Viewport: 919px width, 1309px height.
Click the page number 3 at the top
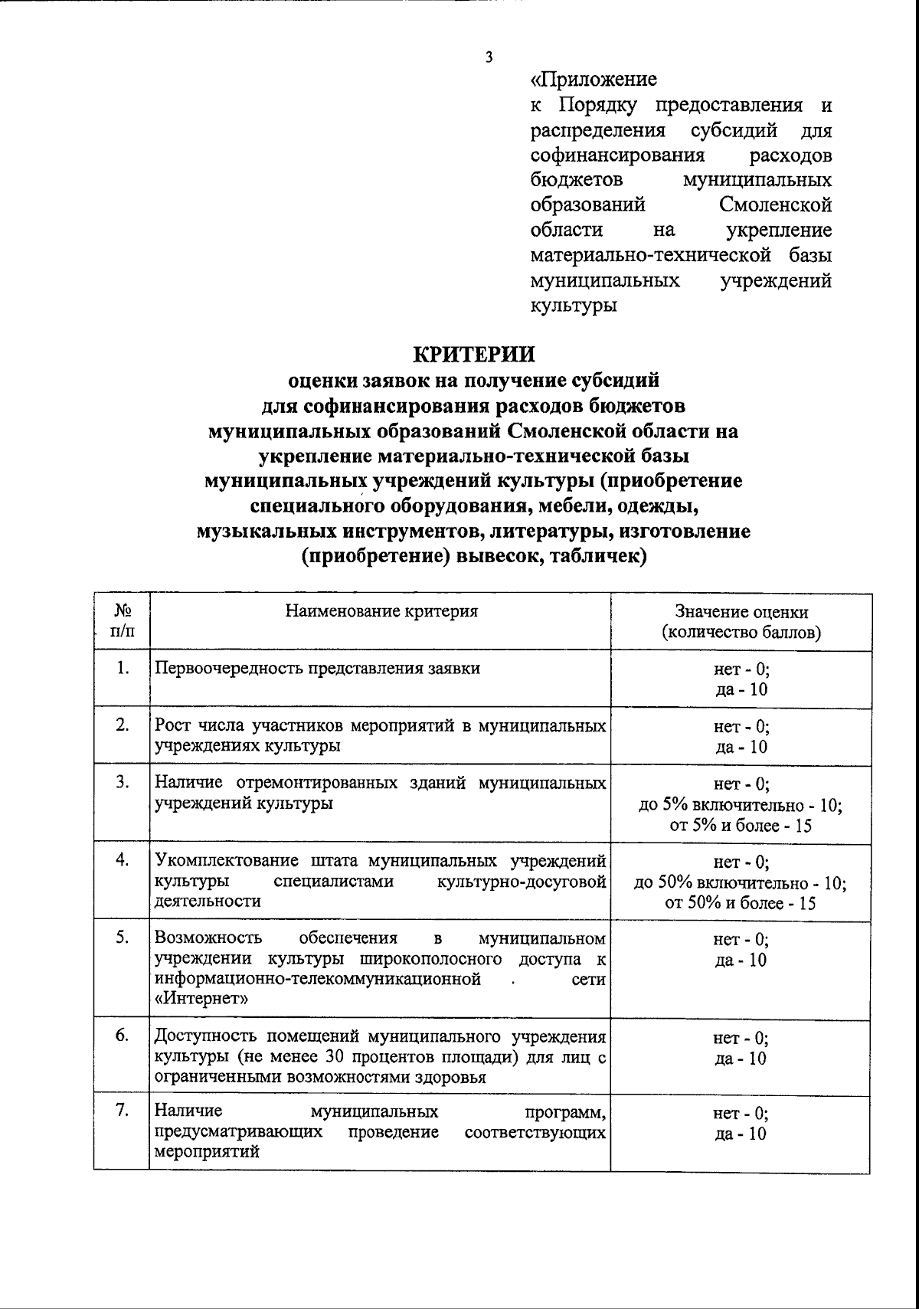[x=488, y=57]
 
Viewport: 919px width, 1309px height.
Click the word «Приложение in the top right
[x=594, y=80]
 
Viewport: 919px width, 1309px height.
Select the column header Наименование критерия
[x=381, y=611]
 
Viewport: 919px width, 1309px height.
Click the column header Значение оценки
[x=741, y=612]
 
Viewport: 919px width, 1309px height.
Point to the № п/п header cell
[x=121, y=622]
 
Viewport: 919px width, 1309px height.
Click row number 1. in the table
[x=122, y=668]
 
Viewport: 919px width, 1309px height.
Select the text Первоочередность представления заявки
[x=318, y=668]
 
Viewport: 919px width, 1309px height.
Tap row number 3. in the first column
[x=122, y=784]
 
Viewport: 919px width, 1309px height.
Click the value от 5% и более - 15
[x=741, y=826]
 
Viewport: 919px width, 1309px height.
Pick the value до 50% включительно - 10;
[x=741, y=882]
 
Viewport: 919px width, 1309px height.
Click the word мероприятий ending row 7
[x=207, y=1152]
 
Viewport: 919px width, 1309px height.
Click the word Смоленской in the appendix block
[x=775, y=205]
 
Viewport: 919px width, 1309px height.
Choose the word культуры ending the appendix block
[x=574, y=306]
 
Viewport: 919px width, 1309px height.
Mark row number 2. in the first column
[x=122, y=725]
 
